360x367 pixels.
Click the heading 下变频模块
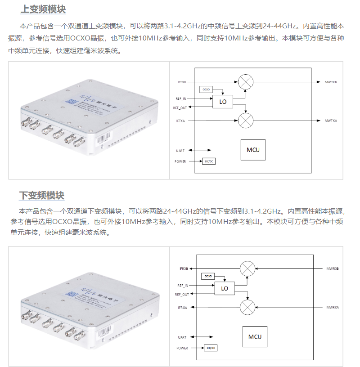tap(43, 195)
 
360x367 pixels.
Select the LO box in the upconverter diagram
tap(223, 102)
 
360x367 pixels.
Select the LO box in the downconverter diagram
tap(224, 288)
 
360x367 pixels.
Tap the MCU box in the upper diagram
tap(253, 150)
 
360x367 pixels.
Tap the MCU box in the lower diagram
tap(255, 336)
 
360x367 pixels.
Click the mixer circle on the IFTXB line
tap(245, 82)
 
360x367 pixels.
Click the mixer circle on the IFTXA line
tap(245, 121)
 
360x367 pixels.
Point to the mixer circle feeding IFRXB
tap(247, 269)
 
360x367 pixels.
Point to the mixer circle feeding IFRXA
tap(247, 307)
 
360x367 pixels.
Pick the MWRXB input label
tap(332, 269)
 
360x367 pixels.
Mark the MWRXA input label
tap(332, 307)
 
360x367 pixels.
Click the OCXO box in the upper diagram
tap(206, 90)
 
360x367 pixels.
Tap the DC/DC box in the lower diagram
tap(210, 348)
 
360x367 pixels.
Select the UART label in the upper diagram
tap(181, 150)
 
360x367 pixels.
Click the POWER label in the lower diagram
tap(182, 348)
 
